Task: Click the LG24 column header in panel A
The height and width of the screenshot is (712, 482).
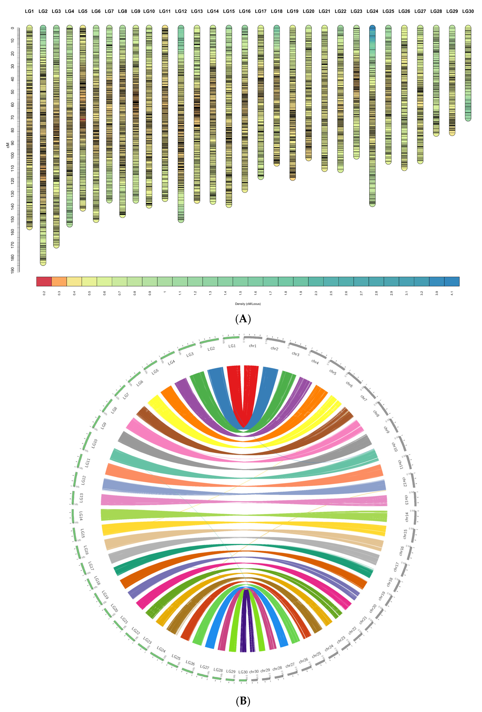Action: [372, 11]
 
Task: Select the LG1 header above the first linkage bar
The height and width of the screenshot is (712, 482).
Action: [29, 11]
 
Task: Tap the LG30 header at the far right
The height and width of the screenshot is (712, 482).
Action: [468, 11]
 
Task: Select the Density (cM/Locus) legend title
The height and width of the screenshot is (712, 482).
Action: [248, 304]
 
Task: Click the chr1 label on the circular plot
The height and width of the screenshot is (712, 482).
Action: [253, 346]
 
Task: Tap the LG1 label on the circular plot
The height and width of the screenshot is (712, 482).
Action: [232, 346]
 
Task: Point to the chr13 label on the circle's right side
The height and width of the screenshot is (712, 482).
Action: [406, 500]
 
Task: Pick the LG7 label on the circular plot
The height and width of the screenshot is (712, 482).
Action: [126, 396]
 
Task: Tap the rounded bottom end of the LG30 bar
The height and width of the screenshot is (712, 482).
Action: [468, 119]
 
